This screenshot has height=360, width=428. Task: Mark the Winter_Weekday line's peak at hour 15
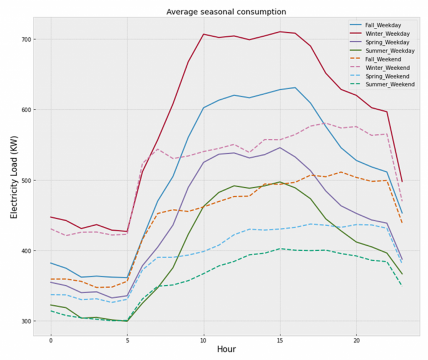[280, 32]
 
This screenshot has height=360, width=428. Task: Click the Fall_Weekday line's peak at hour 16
[295, 87]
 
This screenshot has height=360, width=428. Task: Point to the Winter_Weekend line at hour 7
[158, 149]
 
